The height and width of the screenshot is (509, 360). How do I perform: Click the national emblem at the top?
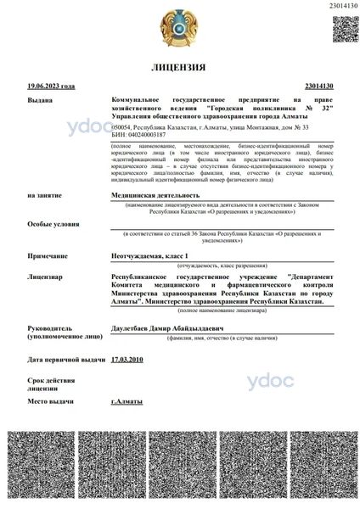tap(180, 28)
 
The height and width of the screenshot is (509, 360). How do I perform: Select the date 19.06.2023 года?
tap(51, 86)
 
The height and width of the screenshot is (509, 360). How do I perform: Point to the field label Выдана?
tap(38, 100)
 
